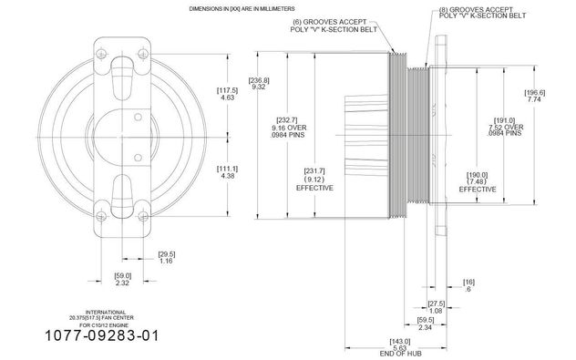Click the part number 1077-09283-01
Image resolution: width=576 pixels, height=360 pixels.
(x=102, y=335)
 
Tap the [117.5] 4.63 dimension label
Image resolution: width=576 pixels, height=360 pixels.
(x=228, y=94)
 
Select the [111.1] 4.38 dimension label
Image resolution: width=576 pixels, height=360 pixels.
(x=228, y=172)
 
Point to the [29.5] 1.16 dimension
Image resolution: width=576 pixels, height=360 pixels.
(x=167, y=257)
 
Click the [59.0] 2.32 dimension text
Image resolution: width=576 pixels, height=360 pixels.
(x=122, y=279)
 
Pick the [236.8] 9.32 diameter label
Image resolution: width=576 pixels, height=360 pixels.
(x=259, y=83)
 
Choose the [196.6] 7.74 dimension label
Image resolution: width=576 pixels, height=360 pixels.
(x=534, y=96)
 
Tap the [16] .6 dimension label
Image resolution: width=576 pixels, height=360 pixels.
(x=468, y=285)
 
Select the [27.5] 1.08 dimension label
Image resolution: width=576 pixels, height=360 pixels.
(x=436, y=307)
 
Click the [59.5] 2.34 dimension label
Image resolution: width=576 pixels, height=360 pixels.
(x=426, y=324)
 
